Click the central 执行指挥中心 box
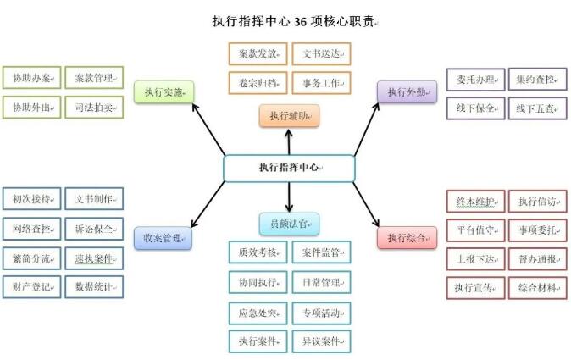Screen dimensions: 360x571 point(288,168)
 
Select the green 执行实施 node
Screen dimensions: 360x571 point(164,91)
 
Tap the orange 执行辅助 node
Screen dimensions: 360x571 point(289,115)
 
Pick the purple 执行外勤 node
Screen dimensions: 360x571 point(407,91)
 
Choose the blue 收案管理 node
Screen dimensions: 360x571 point(164,238)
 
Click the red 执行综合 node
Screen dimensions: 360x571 point(407,237)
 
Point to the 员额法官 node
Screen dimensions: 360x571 point(289,224)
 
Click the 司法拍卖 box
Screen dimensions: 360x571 point(93,108)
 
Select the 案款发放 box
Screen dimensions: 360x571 point(258,53)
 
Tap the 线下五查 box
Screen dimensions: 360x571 point(536,108)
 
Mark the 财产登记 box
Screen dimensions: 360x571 point(32,286)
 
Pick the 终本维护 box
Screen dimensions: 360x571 point(475,202)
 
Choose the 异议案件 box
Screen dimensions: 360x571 point(321,341)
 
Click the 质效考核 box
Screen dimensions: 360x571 point(258,252)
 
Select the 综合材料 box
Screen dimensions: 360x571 point(537,288)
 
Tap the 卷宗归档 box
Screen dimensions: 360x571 point(258,83)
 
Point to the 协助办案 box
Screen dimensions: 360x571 point(32,79)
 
